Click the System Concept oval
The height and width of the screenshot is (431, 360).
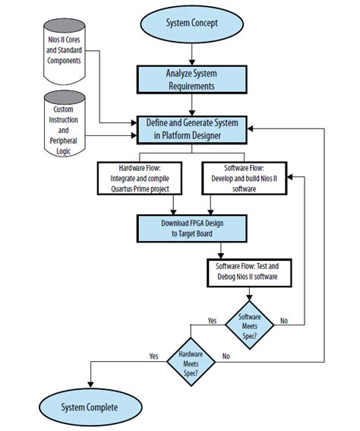point(192,23)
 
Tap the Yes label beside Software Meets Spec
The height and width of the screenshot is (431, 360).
point(212,321)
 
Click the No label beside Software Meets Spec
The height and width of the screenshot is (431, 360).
point(285,321)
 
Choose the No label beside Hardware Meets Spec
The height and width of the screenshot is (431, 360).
point(226,356)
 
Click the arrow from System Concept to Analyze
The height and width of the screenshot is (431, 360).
point(191,53)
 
